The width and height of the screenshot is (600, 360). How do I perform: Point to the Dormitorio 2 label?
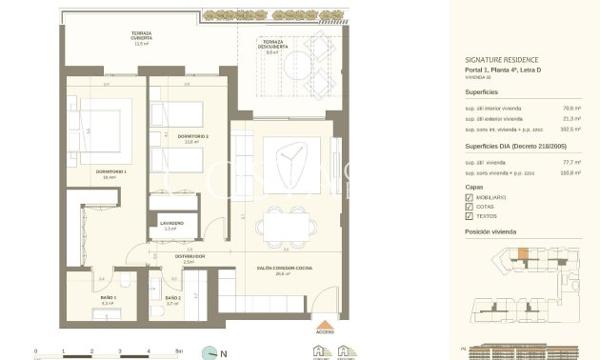tap(192, 139)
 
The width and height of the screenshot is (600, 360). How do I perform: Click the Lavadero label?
tap(171, 225)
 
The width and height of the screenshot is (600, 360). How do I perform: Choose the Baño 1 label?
tap(108, 299)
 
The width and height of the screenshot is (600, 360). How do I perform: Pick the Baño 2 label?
tap(172, 299)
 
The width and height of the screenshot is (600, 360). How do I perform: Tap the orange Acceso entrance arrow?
tap(327, 322)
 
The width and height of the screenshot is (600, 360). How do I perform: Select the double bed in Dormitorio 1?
tap(92, 133)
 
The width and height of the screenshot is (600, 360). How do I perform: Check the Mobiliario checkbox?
tap(469, 197)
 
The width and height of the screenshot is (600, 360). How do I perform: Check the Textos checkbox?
tap(469, 216)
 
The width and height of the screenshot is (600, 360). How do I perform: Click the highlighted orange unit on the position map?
tap(521, 253)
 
